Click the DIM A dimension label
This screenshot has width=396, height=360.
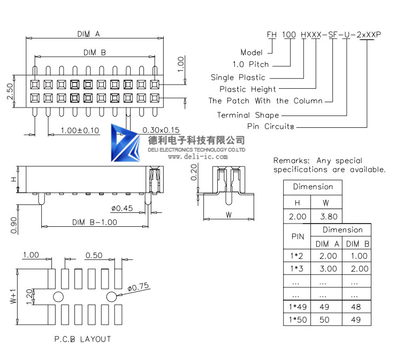88,34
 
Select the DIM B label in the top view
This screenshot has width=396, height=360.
95,52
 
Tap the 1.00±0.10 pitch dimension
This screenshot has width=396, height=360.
80,131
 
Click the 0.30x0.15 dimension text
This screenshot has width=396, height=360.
161,130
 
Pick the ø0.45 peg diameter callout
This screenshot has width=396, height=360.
122,208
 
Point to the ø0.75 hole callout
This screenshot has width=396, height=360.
139,287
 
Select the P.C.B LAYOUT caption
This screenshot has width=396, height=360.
82,339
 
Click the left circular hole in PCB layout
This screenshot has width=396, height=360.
58,296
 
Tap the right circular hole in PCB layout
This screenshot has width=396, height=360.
112,296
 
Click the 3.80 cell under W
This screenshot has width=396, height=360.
328,217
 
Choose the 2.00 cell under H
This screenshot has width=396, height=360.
298,217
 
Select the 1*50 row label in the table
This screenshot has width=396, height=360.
297,319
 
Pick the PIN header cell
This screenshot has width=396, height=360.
297,236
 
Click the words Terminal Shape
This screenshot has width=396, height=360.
248,115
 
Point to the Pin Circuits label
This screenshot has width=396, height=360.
271,127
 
